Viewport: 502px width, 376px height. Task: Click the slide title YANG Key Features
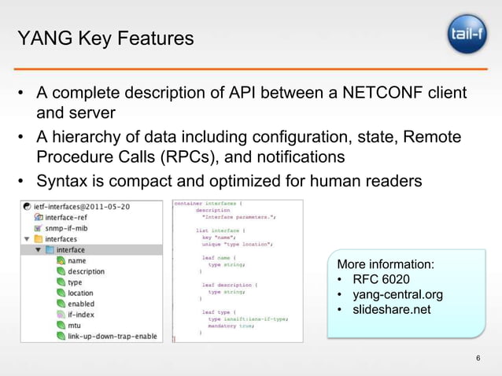[x=105, y=37]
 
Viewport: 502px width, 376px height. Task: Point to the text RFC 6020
[x=381, y=279]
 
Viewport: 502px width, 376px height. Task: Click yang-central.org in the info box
[x=397, y=294]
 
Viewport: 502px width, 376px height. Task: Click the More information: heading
[x=386, y=264]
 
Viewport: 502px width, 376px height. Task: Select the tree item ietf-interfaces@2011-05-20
[x=82, y=206]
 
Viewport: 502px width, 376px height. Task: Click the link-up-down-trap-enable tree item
[x=112, y=336]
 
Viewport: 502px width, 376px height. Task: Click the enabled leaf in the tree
[x=81, y=304]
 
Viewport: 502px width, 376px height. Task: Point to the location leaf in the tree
[x=80, y=293]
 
